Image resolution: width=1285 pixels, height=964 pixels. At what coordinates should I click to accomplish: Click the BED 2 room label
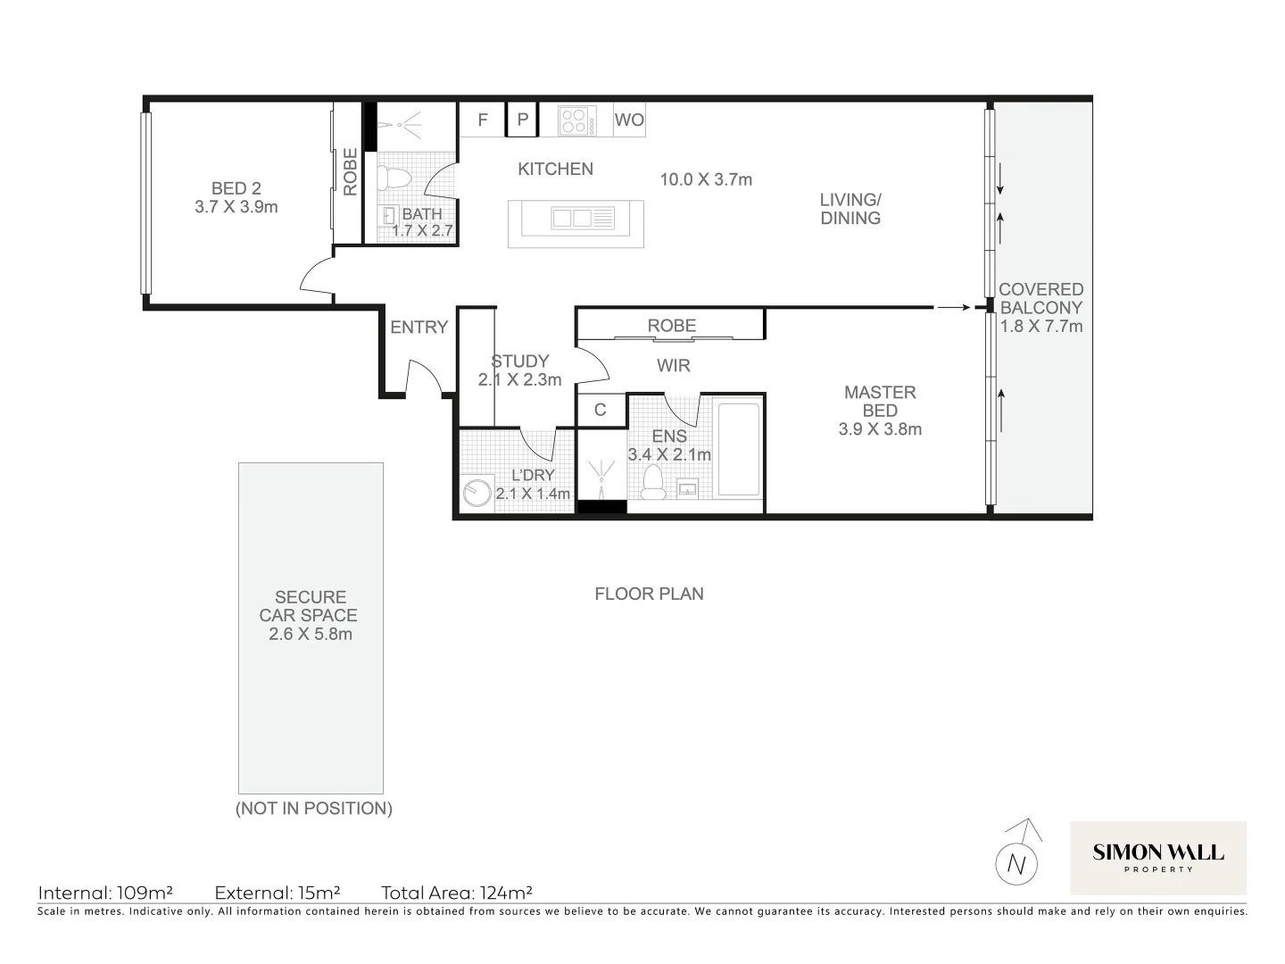[236, 189]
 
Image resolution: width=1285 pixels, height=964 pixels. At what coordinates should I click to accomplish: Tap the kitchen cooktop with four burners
[577, 120]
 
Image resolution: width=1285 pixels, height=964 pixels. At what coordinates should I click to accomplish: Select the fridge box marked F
[483, 120]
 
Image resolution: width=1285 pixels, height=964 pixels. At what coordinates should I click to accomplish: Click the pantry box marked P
[523, 120]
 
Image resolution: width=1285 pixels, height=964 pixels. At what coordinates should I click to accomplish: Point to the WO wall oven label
[629, 120]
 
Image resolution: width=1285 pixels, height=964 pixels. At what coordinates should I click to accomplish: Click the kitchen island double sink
[571, 218]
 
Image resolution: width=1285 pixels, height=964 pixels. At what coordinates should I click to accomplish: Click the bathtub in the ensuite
[738, 449]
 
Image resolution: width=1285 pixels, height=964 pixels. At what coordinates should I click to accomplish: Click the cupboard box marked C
[601, 410]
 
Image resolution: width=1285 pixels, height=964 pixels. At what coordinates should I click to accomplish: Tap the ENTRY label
[419, 328]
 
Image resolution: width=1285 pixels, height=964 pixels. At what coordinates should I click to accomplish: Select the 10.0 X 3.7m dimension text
[706, 179]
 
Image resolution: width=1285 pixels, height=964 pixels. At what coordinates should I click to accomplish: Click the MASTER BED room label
[880, 402]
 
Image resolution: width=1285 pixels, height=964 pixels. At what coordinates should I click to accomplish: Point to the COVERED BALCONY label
[1040, 299]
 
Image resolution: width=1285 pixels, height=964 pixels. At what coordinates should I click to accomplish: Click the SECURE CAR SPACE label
[310, 606]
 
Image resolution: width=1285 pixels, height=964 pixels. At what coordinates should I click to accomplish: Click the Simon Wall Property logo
[1157, 857]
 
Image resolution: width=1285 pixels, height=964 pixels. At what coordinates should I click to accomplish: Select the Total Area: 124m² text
[457, 893]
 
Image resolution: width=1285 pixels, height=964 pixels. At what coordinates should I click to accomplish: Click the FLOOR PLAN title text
[649, 594]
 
